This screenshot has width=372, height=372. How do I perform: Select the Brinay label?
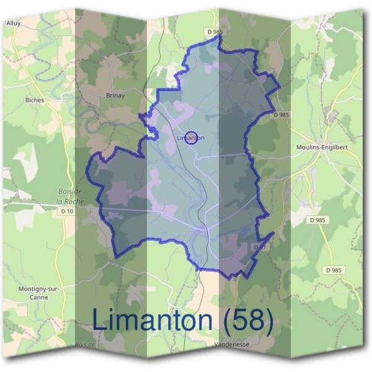[115, 95]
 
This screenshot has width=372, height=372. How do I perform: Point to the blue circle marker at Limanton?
[192, 138]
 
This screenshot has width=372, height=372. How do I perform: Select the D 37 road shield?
[260, 247]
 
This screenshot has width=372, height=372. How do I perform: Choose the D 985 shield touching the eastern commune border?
[281, 115]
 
